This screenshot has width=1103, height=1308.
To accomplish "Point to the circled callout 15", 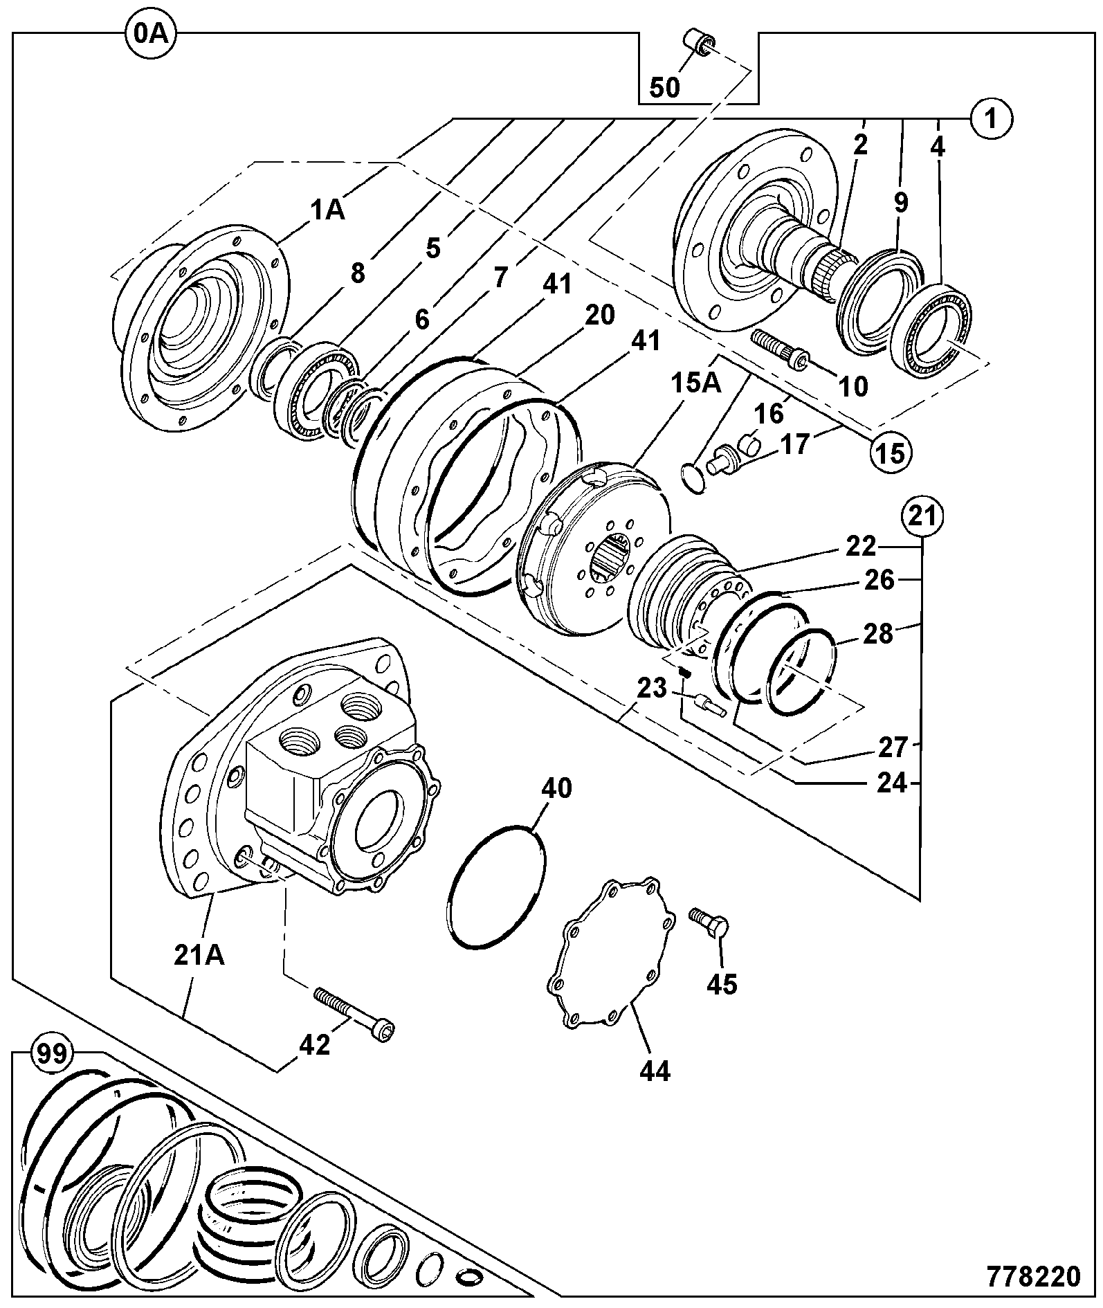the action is pos(891,453).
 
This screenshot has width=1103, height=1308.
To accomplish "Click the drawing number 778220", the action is pos(1034,1276).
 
